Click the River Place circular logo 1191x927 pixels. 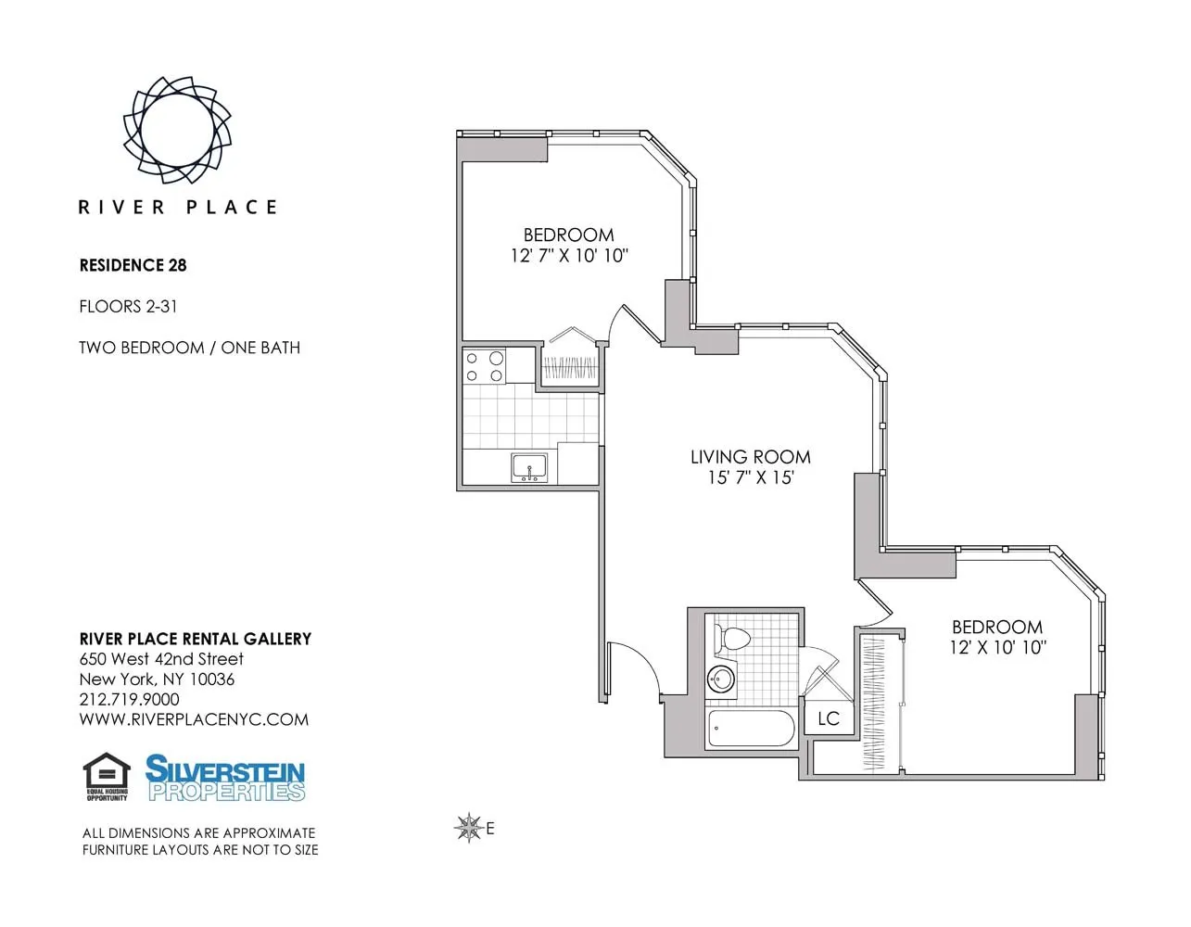[x=177, y=130]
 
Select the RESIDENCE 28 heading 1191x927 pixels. [x=133, y=265]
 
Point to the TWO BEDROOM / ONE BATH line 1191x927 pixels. [x=189, y=348]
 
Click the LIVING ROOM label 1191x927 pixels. [x=750, y=457]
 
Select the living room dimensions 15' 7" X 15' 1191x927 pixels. [x=750, y=478]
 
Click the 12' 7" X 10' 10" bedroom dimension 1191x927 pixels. [x=568, y=256]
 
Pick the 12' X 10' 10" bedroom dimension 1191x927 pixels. [x=996, y=648]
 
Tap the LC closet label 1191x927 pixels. [x=828, y=718]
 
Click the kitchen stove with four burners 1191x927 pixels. [x=485, y=366]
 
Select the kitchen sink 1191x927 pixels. [x=529, y=468]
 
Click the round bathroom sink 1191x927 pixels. [x=720, y=679]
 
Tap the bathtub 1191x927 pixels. [x=751, y=730]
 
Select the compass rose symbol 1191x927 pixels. [x=469, y=828]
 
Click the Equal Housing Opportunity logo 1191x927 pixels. [x=107, y=777]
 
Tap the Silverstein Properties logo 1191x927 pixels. [x=225, y=778]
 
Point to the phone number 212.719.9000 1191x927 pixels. [x=129, y=699]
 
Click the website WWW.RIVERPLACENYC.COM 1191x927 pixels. [x=194, y=719]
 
